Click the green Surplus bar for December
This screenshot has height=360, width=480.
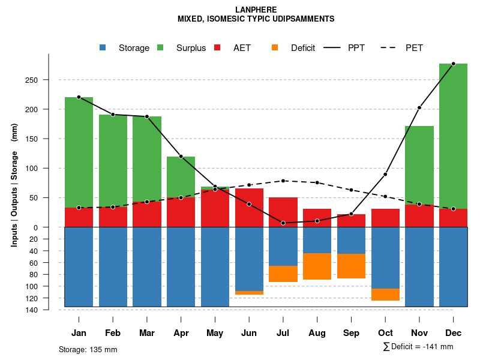coord(453,136)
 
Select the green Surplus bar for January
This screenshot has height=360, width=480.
coord(79,152)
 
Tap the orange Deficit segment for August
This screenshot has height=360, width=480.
coord(317,266)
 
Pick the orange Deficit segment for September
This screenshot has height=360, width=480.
coord(351,266)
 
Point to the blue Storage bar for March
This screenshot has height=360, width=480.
coord(147,267)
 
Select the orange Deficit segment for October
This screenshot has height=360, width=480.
coord(385,295)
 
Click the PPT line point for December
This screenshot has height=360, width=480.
coord(453,64)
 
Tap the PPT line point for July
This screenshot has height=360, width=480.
coord(283,223)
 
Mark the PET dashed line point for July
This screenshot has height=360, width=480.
coord(283,181)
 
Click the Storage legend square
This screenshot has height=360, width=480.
coord(103,47)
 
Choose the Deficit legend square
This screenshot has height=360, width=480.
coord(275,47)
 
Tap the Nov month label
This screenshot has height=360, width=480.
coord(419,333)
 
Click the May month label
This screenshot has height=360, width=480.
coord(215,333)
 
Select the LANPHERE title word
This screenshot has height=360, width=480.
coord(256,10)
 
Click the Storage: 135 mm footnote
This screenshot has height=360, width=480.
coord(88,349)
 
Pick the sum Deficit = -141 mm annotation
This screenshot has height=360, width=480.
coord(418,347)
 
